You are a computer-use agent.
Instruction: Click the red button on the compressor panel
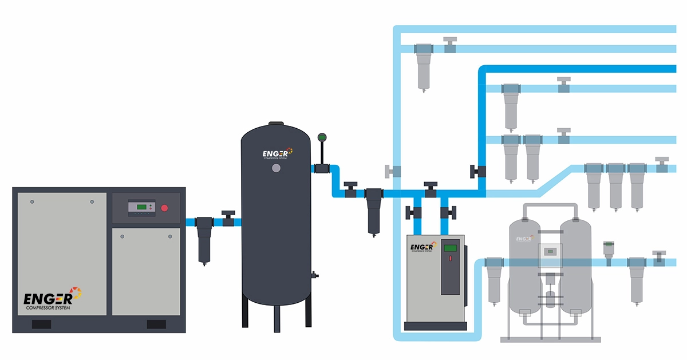click(x=165, y=208)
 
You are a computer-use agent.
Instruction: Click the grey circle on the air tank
click(x=277, y=168)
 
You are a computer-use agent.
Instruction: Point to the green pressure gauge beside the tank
click(x=321, y=137)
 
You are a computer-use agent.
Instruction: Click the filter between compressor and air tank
click(x=204, y=238)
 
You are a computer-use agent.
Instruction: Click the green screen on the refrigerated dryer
click(x=451, y=248)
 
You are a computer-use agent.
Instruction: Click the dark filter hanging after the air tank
click(x=374, y=210)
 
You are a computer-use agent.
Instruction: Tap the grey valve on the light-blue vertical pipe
click(x=393, y=171)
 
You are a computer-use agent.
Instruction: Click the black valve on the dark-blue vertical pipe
click(x=476, y=171)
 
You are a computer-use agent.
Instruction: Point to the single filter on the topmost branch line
click(x=424, y=65)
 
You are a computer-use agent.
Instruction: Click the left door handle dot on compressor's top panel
click(x=32, y=201)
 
